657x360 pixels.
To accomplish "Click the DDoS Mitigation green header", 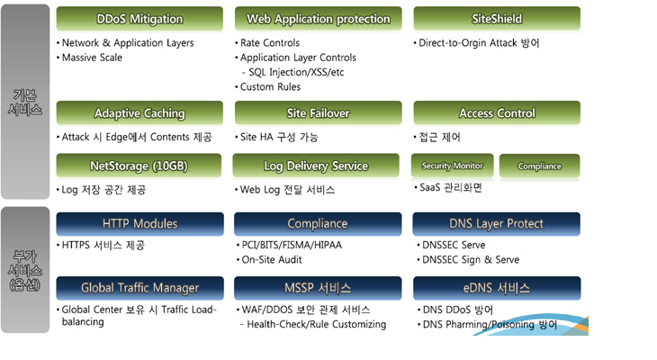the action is pos(139,19).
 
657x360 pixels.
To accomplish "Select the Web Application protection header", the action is pos(318,19).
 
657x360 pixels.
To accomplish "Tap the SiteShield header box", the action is pos(497,19).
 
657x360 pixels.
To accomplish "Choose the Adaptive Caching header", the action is pos(139,113).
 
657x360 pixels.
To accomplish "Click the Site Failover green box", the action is pos(318,113).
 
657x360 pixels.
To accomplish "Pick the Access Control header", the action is pos(497,113).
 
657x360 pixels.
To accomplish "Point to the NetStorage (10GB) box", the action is pos(139,166).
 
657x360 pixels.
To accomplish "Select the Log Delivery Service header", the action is pos(316,166).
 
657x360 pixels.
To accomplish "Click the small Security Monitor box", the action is pos(452,166).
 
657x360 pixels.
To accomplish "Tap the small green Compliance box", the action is pos(540,166).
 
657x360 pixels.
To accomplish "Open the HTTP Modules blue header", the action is pos(139,224).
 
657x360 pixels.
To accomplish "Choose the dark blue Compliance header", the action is pos(318,224).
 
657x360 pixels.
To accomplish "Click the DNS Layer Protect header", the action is pos(497,224).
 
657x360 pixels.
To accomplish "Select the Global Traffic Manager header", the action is pos(139,288).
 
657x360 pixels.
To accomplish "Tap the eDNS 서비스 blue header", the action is pos(497,288).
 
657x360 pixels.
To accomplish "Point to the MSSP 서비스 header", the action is pos(318,288).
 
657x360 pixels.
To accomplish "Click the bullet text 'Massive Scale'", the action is pos(92,58).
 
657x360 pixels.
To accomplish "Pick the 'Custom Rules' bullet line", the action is pos(270,86).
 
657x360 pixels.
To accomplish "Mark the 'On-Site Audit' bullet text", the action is pos(272,260).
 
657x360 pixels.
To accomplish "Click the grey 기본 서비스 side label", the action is pos(25,102).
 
